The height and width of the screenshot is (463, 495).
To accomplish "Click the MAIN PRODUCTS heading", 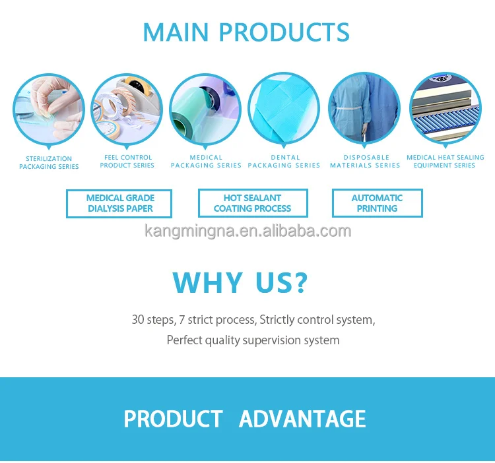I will pyautogui.click(x=246, y=32).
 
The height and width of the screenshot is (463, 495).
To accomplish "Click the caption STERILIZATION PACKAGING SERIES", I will pyautogui.click(x=49, y=162).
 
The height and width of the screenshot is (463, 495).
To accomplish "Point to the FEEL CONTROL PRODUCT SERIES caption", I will pyautogui.click(x=127, y=162).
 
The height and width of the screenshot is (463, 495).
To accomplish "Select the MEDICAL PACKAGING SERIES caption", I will pyautogui.click(x=206, y=162).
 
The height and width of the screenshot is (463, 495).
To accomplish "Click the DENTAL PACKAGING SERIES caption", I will pyautogui.click(x=284, y=162).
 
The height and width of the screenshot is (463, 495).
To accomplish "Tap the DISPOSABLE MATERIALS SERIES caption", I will pyautogui.click(x=365, y=162).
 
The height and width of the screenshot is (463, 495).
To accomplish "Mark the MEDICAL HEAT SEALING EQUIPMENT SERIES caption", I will pyautogui.click(x=445, y=162).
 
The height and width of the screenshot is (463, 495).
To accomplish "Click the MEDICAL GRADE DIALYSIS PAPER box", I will pyautogui.click(x=119, y=203).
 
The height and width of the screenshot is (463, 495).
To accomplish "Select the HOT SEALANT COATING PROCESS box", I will pyautogui.click(x=253, y=203).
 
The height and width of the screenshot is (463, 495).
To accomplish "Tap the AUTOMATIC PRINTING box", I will pyautogui.click(x=377, y=203).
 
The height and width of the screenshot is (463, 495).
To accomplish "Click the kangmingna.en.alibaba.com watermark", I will pyautogui.click(x=247, y=231).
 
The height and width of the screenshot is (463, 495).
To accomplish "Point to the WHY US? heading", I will pyautogui.click(x=240, y=282).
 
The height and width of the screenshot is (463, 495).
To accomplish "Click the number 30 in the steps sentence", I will pyautogui.click(x=138, y=320).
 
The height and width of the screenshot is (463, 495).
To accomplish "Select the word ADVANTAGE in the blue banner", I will pyautogui.click(x=302, y=419).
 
